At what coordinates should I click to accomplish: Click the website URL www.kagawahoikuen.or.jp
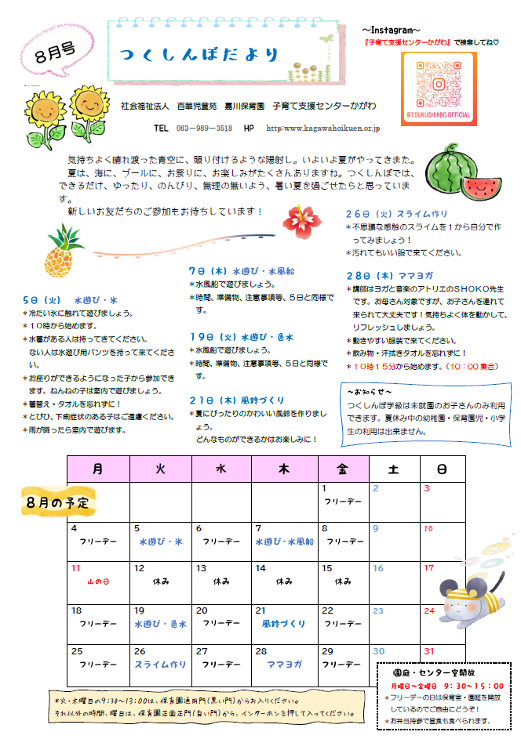point(322,128)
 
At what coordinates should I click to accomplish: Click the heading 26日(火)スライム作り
point(396,214)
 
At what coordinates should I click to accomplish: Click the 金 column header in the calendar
point(342,469)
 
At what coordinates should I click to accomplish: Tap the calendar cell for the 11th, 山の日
point(97,581)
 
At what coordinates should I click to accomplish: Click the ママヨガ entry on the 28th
point(283,664)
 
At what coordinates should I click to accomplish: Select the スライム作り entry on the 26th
point(160,664)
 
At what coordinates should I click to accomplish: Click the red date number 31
point(428,651)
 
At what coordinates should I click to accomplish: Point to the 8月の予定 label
point(57,500)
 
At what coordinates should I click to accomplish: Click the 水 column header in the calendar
point(220,469)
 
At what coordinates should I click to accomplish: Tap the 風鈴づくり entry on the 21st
point(283,624)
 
